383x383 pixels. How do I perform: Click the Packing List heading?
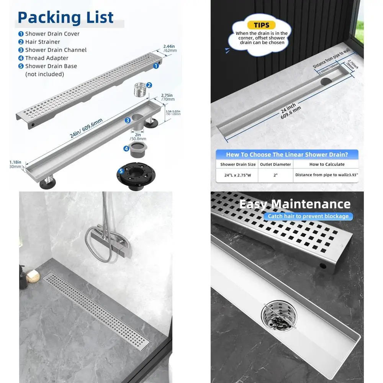[65, 18]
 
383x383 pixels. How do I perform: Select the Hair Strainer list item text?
[43, 42]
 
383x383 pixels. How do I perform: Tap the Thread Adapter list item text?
[47, 58]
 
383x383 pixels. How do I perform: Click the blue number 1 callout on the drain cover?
[156, 66]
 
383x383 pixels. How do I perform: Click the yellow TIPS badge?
[262, 25]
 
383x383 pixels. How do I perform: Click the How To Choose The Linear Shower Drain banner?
[287, 155]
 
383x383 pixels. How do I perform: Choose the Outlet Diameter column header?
[275, 164]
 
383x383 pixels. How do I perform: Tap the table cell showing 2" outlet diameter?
[275, 175]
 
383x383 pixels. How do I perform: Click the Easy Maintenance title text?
[295, 204]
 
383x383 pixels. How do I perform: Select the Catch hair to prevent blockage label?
[308, 216]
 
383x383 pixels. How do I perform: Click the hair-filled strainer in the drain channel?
[276, 315]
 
